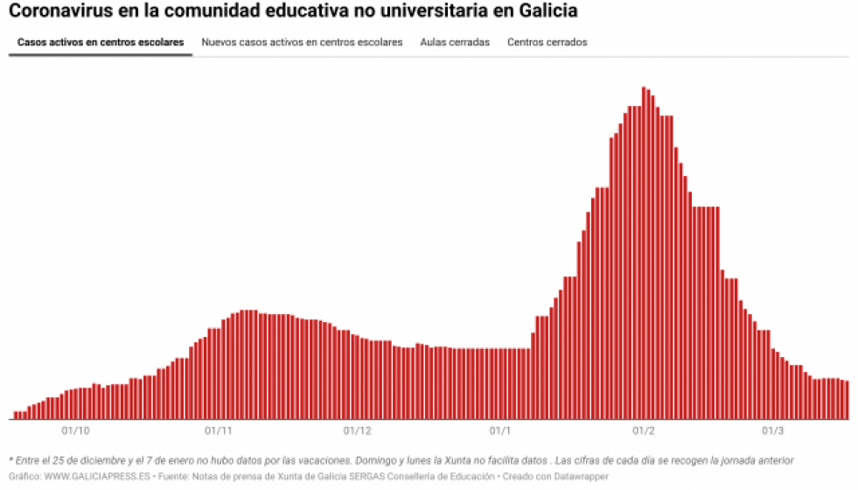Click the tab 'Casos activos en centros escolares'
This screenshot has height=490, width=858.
pos(101,42)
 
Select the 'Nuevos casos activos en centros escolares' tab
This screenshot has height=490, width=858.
pos(302,42)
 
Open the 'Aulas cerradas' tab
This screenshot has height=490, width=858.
pos(455,42)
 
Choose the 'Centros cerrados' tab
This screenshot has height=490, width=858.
pos(548,42)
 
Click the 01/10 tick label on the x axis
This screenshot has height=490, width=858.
pos(76,430)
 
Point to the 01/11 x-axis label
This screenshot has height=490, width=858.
pos(218,430)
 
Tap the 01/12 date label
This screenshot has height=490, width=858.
pos(358,430)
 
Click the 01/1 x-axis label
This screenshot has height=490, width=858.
pos(500,430)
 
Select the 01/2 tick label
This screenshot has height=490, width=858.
pos(644,430)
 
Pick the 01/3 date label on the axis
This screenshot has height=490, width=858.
pos(773,430)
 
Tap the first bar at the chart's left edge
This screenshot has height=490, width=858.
pos(16,415)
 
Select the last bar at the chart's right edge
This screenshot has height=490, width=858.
pos(847,400)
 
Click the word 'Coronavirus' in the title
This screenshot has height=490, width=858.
pos(60,12)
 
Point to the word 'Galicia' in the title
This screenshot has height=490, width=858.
pos(548,12)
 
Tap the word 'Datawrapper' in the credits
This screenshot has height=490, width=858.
pos(582,476)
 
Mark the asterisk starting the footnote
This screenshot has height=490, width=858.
pos(10,459)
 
